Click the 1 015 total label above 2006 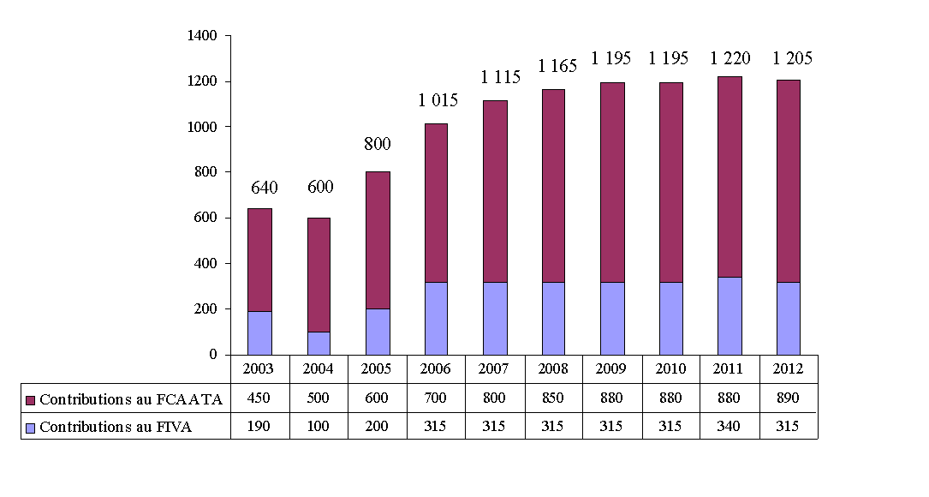[438, 100]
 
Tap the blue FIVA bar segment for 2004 [319, 343]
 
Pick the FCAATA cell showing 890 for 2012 [788, 398]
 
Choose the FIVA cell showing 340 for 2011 [729, 427]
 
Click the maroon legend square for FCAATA [31, 399]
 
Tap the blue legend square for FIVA [31, 428]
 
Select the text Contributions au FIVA [115, 428]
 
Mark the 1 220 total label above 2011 [730, 59]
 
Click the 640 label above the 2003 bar [264, 189]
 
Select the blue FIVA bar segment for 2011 [730, 315]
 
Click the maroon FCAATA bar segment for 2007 [494, 191]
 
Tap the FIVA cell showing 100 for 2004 [319, 427]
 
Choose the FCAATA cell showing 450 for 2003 [259, 398]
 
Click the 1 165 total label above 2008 [557, 65]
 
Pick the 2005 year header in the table [377, 369]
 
